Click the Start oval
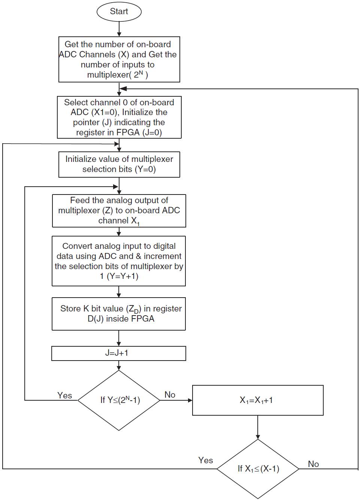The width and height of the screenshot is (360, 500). click(x=119, y=12)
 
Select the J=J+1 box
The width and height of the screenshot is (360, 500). click(x=118, y=353)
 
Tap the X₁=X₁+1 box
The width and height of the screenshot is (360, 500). click(x=257, y=400)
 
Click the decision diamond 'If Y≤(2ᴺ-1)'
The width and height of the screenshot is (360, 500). click(x=119, y=400)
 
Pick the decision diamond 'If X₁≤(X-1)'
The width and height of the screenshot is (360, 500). click(x=258, y=469)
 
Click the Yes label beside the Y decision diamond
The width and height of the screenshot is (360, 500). click(x=64, y=395)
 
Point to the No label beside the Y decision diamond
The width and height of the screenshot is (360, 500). click(x=170, y=395)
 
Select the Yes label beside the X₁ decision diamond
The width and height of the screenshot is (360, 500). click(x=205, y=460)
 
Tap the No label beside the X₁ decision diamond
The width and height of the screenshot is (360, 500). click(x=313, y=464)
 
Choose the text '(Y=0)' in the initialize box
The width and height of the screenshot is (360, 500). click(x=146, y=169)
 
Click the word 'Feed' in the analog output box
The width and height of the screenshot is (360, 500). click(x=80, y=200)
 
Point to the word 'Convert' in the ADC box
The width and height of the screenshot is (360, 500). click(x=77, y=246)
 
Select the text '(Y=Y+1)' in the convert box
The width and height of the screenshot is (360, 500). click(x=122, y=276)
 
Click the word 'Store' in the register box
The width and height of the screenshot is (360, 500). click(x=70, y=308)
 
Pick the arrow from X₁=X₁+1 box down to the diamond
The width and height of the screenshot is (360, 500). click(x=258, y=427)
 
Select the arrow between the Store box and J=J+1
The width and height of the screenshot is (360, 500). click(x=119, y=338)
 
